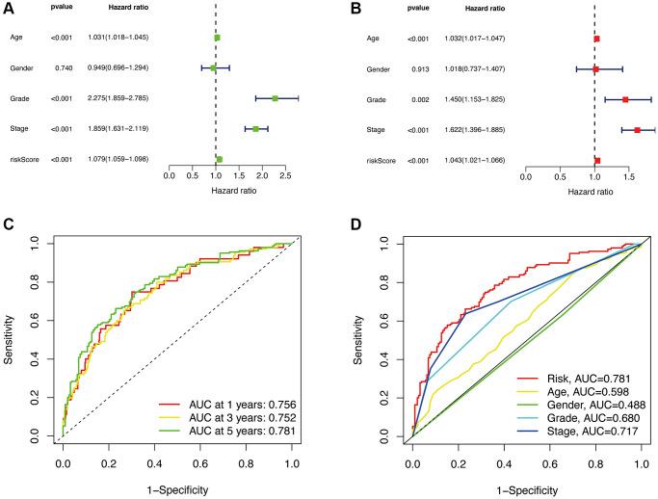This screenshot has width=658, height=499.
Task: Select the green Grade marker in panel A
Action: tap(275, 98)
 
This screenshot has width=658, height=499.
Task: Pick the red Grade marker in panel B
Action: tap(625, 98)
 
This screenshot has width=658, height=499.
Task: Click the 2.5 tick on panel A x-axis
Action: tap(285, 176)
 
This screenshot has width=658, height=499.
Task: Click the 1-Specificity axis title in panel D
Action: tap(526, 491)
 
